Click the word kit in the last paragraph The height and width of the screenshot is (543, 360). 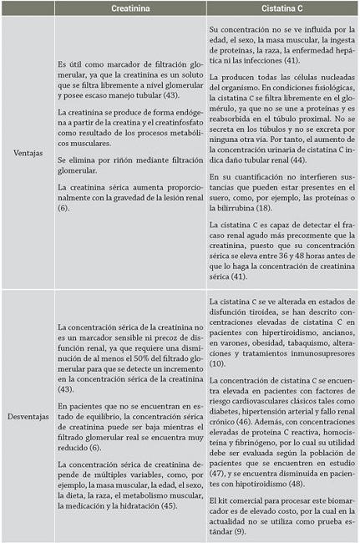click(226, 500)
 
